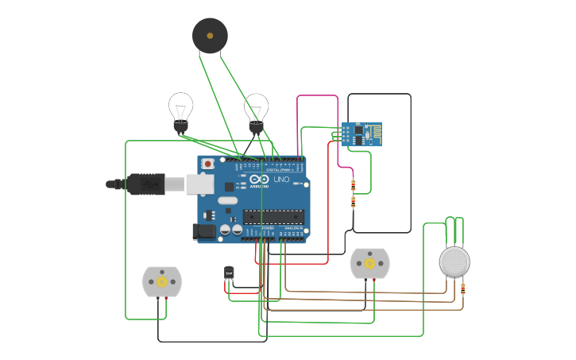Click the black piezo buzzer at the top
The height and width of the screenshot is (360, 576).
210,36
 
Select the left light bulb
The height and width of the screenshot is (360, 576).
180,110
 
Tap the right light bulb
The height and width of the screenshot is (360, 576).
256,110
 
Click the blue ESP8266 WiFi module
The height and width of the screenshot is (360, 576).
362,134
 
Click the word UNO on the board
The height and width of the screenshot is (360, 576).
282,180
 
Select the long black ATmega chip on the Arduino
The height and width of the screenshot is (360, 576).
273,216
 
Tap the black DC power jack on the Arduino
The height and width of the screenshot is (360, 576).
203,231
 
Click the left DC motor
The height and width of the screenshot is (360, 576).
162,281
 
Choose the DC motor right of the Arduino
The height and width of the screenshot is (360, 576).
369,264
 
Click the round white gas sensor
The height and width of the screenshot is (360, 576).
454,261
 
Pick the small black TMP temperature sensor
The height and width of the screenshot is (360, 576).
229,273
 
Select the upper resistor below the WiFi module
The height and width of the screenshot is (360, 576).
353,185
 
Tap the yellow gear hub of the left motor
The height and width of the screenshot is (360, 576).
162,281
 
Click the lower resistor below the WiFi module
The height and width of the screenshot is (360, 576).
353,202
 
